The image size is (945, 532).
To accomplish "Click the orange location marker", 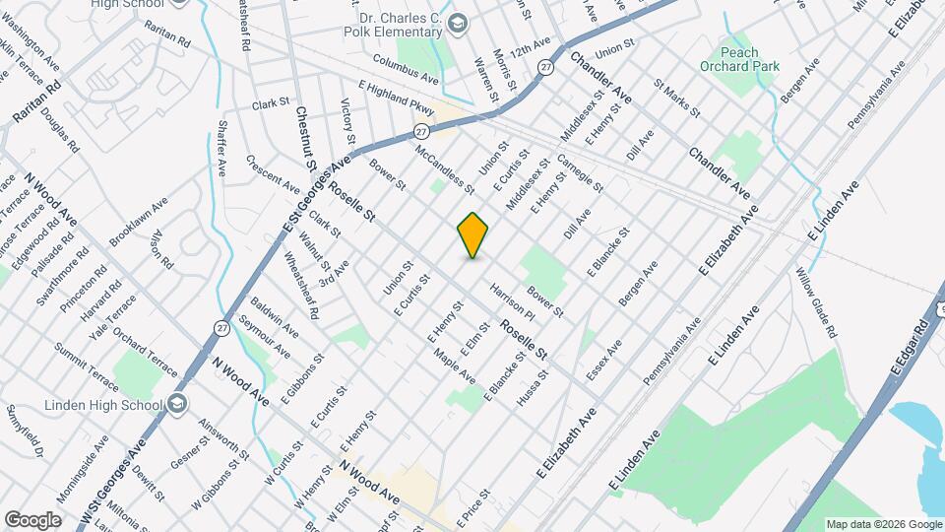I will (x=473, y=235).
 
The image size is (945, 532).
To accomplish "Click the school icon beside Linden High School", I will (x=176, y=404).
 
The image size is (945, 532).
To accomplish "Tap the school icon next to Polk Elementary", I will (x=457, y=22).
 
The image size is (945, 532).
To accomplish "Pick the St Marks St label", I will (x=676, y=100).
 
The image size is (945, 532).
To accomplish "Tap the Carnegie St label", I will (x=580, y=173).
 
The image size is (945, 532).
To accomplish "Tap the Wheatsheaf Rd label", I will (x=301, y=287).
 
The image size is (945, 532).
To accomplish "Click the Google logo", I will (x=31, y=520).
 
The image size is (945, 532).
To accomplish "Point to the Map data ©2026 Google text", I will (x=883, y=524).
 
